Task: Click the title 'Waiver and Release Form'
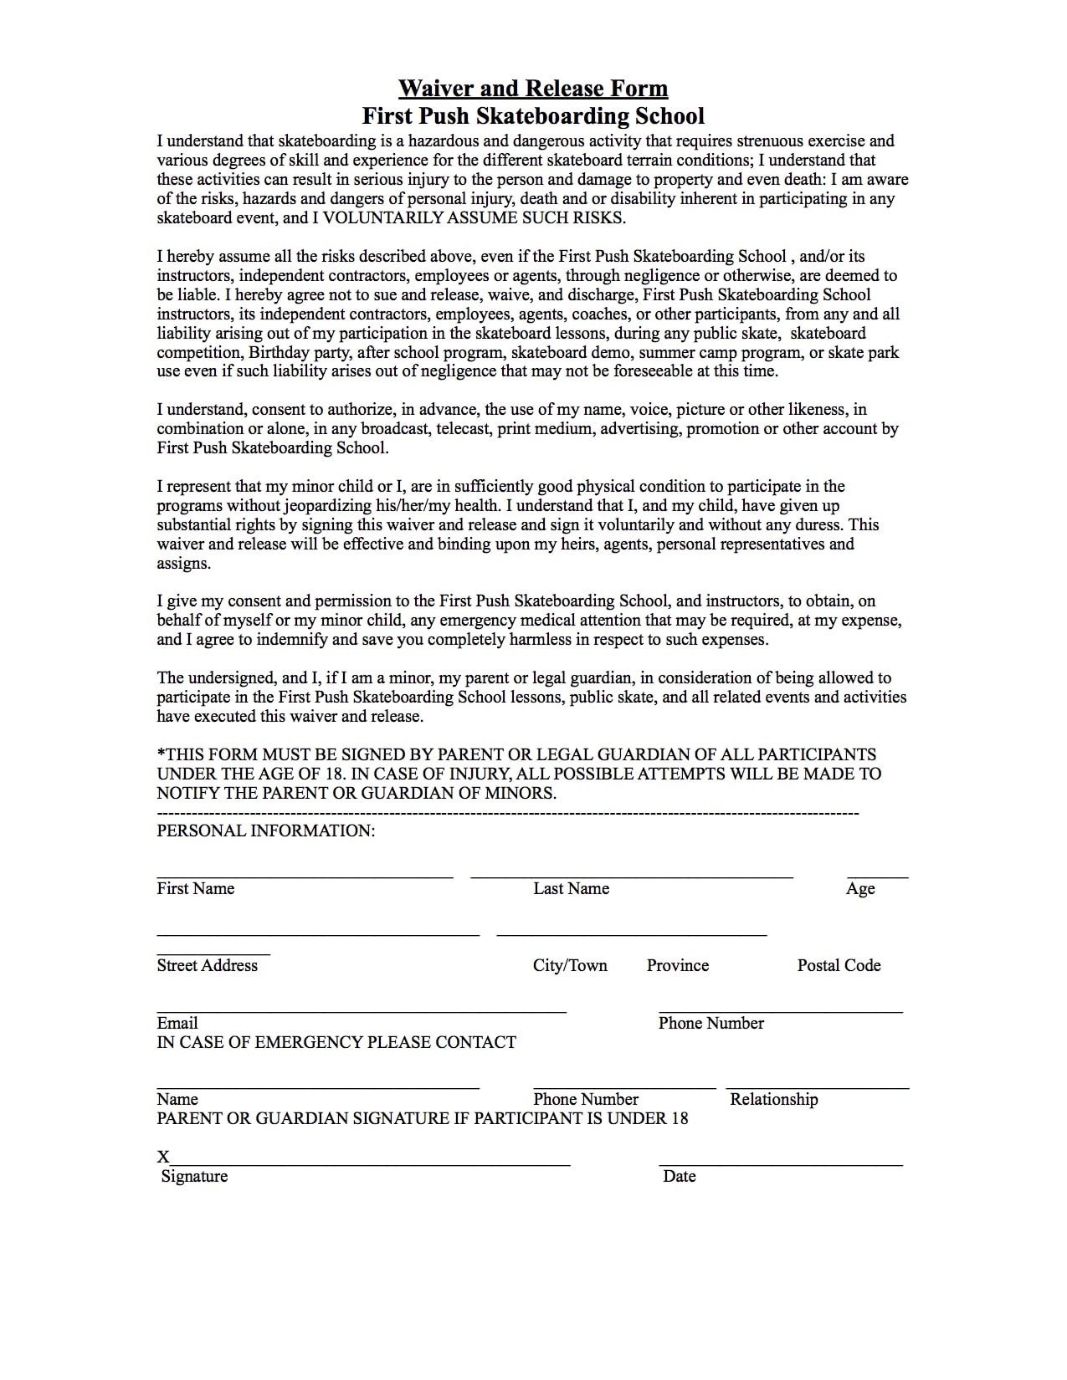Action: click(x=533, y=88)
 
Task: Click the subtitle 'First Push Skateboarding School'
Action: click(x=533, y=115)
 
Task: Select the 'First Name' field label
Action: click(x=195, y=888)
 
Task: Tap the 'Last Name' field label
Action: click(x=571, y=888)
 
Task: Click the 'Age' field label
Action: click(x=860, y=888)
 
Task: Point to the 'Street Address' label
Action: click(x=207, y=965)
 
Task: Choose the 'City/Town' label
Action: click(x=570, y=965)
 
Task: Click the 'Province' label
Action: click(x=677, y=965)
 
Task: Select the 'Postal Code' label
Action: click(x=839, y=965)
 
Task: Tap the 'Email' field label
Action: click(x=177, y=1023)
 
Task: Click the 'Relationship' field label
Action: click(x=773, y=1099)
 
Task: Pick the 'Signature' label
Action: click(x=194, y=1176)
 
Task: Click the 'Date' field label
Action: click(x=679, y=1176)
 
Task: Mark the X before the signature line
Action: click(x=163, y=1158)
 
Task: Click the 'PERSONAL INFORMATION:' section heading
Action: click(x=265, y=831)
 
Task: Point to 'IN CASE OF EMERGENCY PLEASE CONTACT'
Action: click(x=336, y=1042)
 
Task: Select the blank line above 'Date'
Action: click(x=780, y=1164)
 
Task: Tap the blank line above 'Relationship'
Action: click(x=817, y=1088)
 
